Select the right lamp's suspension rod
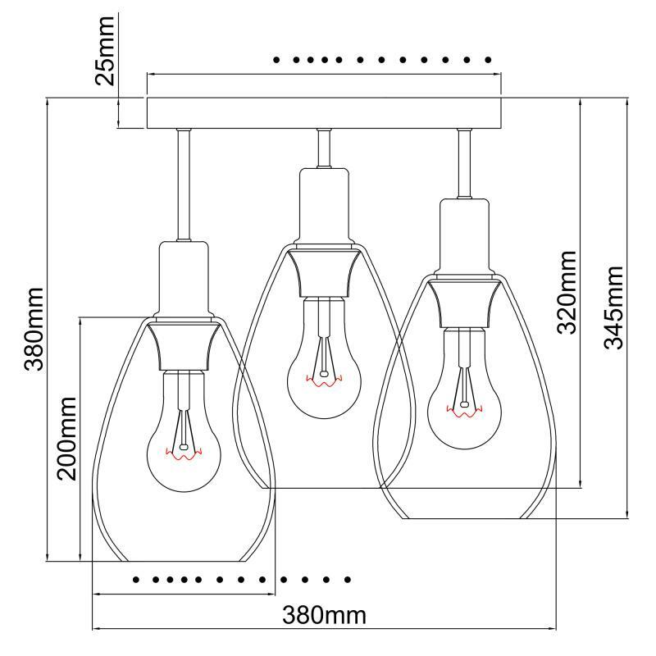(x=465, y=164)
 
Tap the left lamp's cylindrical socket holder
(x=184, y=279)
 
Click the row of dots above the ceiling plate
(x=382, y=60)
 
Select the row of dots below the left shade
(x=242, y=580)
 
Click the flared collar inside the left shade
(x=184, y=344)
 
